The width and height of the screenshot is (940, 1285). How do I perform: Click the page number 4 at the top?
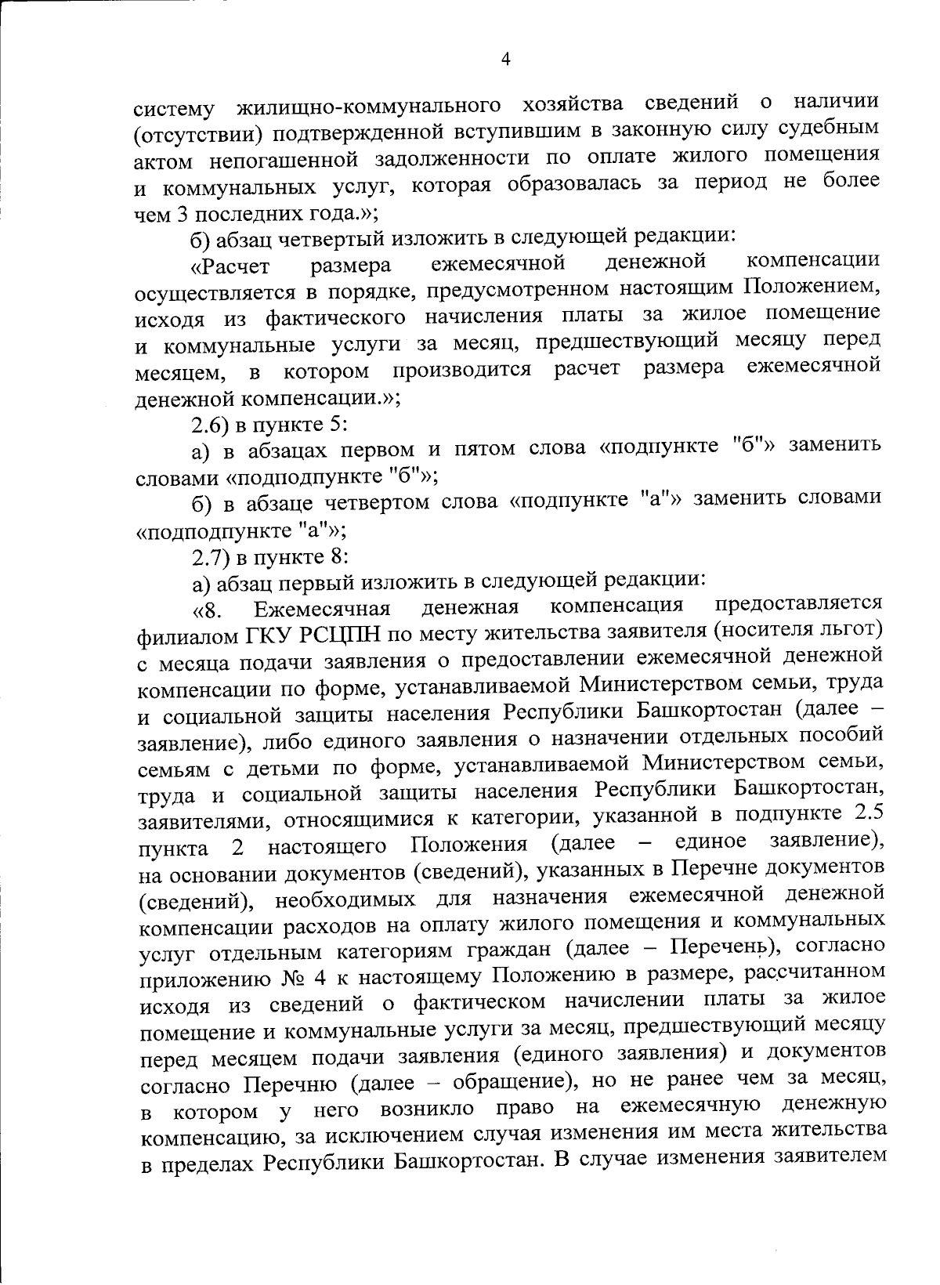(x=505, y=59)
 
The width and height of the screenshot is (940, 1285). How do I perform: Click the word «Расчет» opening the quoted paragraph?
(x=230, y=267)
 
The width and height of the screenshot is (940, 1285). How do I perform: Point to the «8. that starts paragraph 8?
(x=206, y=611)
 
